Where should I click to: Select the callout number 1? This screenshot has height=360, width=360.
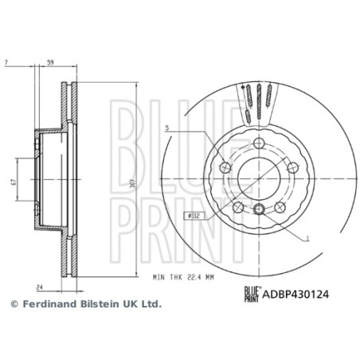[307, 237]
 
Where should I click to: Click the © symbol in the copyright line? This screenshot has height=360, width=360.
[13, 304]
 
